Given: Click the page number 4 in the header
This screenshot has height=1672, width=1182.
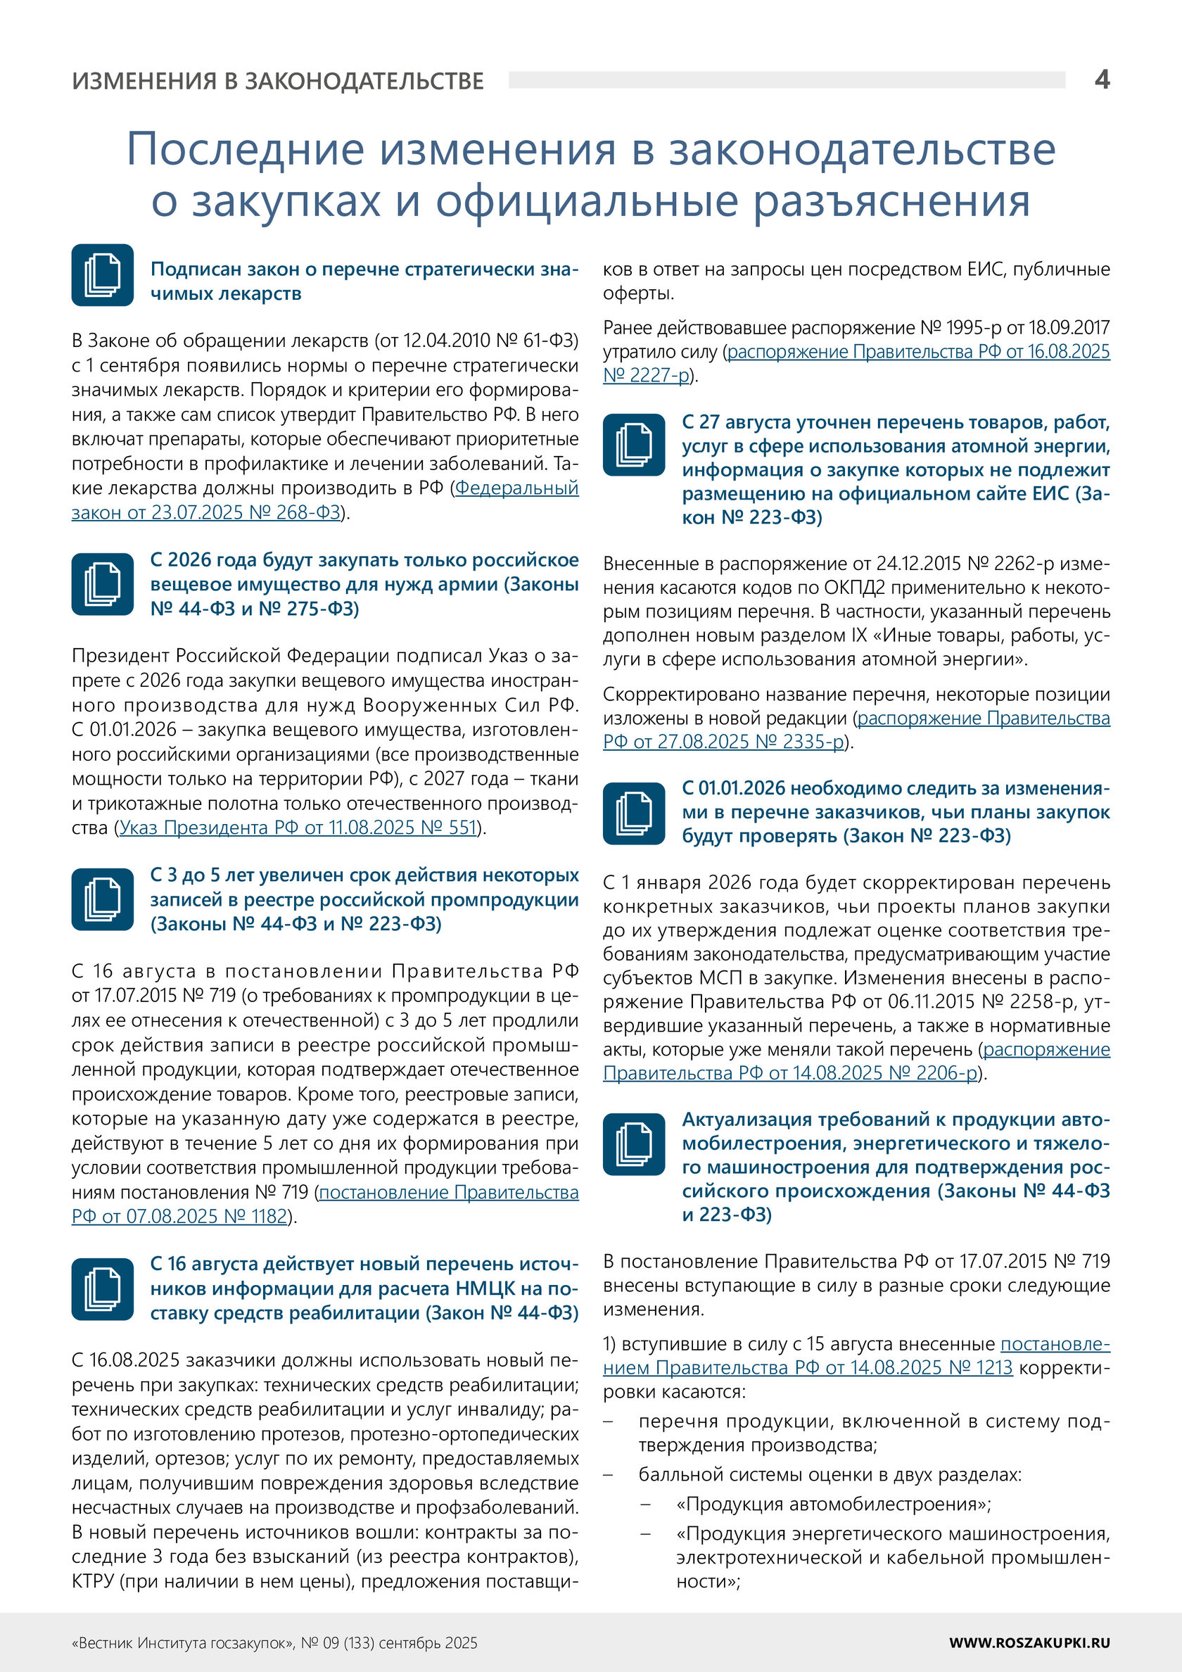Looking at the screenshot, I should click(1102, 80).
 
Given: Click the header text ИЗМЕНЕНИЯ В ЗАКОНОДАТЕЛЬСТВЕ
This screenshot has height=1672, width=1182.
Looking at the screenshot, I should click(277, 81).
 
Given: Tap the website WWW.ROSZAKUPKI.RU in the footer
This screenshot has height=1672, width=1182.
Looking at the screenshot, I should click(1029, 1642).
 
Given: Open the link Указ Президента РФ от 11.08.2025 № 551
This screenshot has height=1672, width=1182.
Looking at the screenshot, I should click(298, 828).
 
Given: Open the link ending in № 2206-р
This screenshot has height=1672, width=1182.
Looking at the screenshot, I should click(790, 1073).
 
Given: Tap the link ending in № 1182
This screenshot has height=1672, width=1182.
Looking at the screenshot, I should click(179, 1217).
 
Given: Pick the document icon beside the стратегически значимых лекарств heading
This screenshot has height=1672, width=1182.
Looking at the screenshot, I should click(103, 275).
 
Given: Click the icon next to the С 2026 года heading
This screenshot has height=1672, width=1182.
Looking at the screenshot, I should click(103, 584).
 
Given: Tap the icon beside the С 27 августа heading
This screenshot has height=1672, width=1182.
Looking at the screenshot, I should click(634, 445).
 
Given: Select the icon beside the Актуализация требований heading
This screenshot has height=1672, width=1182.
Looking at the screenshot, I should click(634, 1144).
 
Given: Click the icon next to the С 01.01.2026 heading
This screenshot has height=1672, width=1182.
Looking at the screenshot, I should click(634, 813).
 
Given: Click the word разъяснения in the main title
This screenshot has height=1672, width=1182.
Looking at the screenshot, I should click(891, 201).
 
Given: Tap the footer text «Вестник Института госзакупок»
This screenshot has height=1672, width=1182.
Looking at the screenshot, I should click(183, 1643).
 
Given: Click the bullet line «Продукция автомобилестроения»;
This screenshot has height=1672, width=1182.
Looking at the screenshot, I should click(833, 1504).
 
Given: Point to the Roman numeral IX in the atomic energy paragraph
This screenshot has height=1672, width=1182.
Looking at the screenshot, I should click(858, 635).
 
